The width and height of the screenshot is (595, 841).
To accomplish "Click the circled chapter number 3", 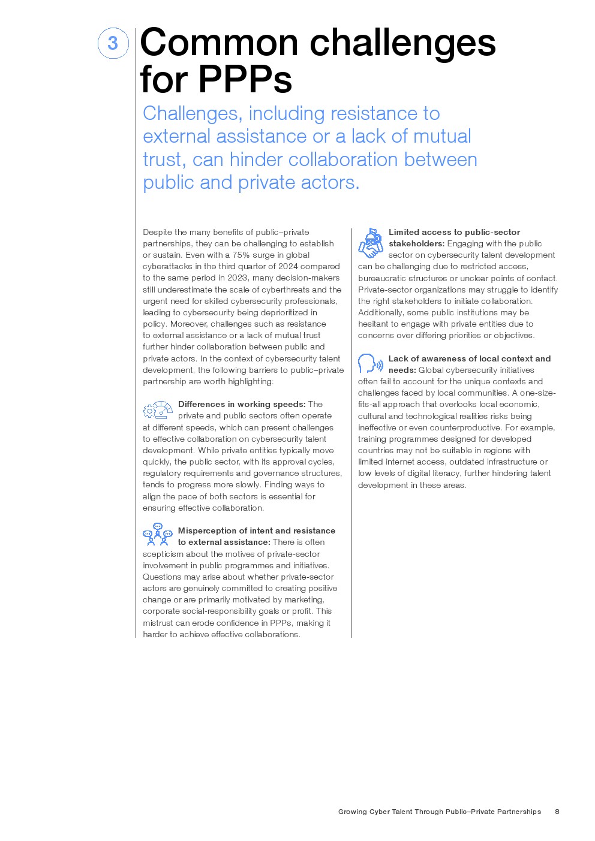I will point(113,43).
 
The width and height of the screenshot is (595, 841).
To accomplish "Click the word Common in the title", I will point(219,43).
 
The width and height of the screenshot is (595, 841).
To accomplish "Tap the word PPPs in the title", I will point(245,79).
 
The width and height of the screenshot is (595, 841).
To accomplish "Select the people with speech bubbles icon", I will point(158,534).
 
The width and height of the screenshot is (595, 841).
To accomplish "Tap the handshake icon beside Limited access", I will point(371,243).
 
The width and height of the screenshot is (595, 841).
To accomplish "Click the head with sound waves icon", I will point(370,364).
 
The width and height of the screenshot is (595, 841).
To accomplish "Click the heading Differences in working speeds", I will point(242,404).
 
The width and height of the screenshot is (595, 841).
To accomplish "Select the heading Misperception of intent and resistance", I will point(256,530).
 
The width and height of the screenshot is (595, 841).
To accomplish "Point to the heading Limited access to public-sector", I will point(454,232).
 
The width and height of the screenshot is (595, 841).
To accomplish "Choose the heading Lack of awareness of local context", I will point(469,358).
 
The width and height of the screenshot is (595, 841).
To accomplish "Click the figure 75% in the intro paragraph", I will point(241,255).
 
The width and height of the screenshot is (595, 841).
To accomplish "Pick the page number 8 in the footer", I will point(557,812).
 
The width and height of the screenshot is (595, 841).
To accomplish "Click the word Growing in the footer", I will point(352,812).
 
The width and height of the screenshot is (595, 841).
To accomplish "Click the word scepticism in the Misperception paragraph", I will point(163,554).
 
